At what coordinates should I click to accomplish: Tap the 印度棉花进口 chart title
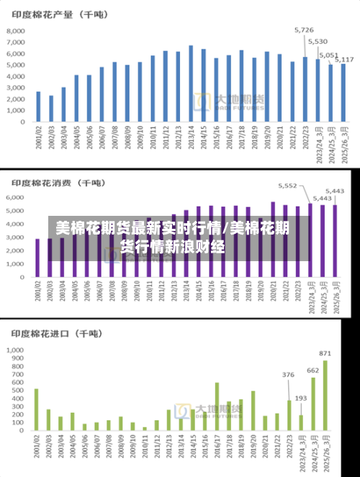[54, 333]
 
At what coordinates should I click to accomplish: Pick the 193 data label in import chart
[300, 398]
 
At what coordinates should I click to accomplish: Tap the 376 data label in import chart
[288, 375]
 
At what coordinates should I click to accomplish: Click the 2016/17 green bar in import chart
[217, 406]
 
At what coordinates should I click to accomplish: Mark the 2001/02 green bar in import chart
[37, 409]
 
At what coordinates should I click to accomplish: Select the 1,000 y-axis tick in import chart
[15, 350]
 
